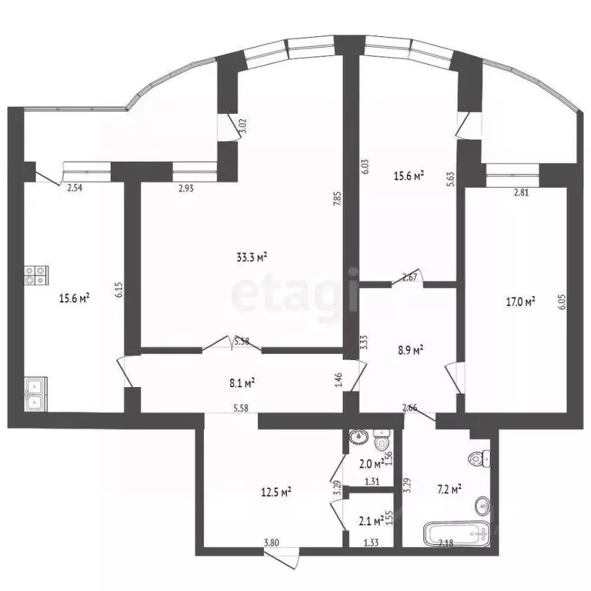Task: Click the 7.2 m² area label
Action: click(447, 488)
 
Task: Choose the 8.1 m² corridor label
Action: click(242, 381)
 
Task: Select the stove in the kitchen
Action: click(36, 275)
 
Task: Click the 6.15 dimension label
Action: click(119, 289)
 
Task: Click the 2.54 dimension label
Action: click(75, 186)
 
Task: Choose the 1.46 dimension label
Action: click(338, 379)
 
